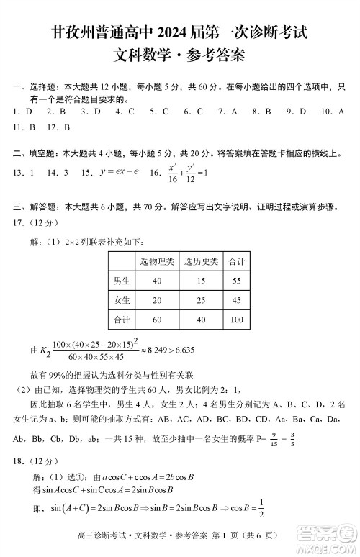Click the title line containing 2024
[x=180, y=32]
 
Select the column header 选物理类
[x=157, y=261]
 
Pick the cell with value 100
[x=236, y=319]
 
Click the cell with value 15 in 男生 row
[x=201, y=280]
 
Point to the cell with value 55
[x=236, y=280]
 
